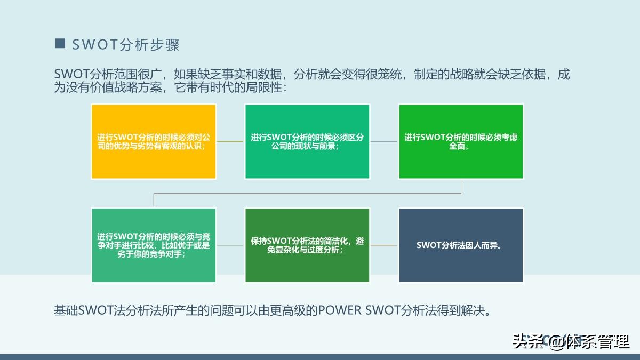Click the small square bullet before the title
(60, 43)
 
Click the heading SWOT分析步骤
(126, 44)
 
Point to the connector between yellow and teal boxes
(230, 141)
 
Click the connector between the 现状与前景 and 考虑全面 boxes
(384, 141)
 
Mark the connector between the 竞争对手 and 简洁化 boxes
(230, 245)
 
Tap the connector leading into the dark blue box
(384, 245)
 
